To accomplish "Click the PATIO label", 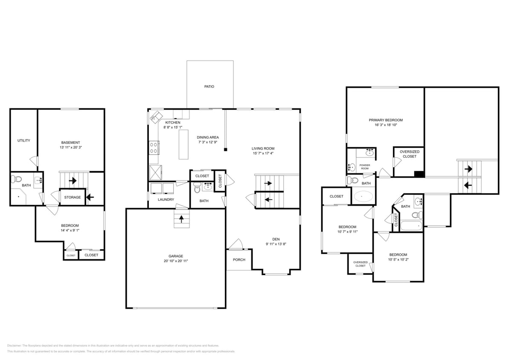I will (x=209, y=87).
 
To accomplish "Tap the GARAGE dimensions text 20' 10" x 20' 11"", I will (x=175, y=261).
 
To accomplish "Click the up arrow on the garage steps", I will (x=182, y=219).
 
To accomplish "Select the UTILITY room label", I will (x=24, y=141).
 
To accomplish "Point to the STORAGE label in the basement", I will (x=73, y=197).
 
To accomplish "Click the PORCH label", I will (x=239, y=260).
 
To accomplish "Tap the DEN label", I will (x=276, y=239).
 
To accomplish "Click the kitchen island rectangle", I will (x=183, y=144).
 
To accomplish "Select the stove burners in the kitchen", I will (x=154, y=148).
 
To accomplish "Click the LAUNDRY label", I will (x=166, y=200).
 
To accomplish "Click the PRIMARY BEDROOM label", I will (x=386, y=120).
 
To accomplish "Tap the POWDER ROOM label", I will (x=364, y=166).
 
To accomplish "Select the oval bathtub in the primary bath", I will (x=363, y=197).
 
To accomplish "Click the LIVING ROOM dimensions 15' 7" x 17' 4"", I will (x=263, y=154).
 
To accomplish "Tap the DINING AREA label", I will (x=208, y=137).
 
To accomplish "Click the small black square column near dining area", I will (x=226, y=149).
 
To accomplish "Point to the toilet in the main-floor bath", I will (x=197, y=187).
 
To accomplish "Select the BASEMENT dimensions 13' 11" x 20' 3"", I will (x=70, y=148).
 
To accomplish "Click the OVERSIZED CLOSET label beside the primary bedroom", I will (x=409, y=154).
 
